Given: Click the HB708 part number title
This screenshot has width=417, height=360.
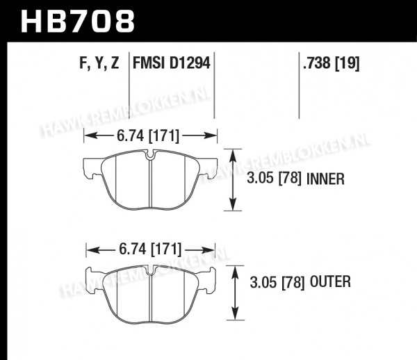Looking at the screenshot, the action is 77,22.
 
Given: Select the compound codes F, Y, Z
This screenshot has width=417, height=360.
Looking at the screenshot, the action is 99,63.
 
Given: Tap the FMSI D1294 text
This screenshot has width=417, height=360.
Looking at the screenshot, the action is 172,63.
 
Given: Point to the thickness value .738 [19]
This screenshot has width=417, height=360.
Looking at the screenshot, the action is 332,63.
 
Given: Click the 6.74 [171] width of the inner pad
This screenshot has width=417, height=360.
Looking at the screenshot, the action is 148,136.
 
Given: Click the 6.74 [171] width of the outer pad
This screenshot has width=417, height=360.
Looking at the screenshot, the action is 150,249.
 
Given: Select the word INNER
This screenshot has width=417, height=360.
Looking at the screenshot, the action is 325,179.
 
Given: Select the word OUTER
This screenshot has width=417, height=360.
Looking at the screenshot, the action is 330,282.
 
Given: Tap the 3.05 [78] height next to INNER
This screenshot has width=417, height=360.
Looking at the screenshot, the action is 275,178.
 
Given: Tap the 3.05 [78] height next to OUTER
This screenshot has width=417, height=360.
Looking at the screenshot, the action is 277,282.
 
